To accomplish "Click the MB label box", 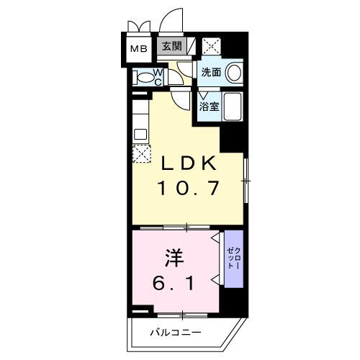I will (x=138, y=49).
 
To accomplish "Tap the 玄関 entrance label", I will (x=171, y=48).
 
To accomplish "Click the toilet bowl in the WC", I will (x=145, y=76).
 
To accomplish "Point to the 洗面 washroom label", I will (x=210, y=72).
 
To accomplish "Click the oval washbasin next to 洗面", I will (x=233, y=73).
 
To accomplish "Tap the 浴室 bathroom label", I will (x=209, y=106).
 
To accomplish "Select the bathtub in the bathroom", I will (x=233, y=108).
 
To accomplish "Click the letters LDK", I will (x=187, y=164).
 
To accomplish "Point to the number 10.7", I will (x=187, y=189).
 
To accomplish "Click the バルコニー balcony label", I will (x=176, y=332).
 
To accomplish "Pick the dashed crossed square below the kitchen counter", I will (x=140, y=153).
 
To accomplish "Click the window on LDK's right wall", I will (x=246, y=181).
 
